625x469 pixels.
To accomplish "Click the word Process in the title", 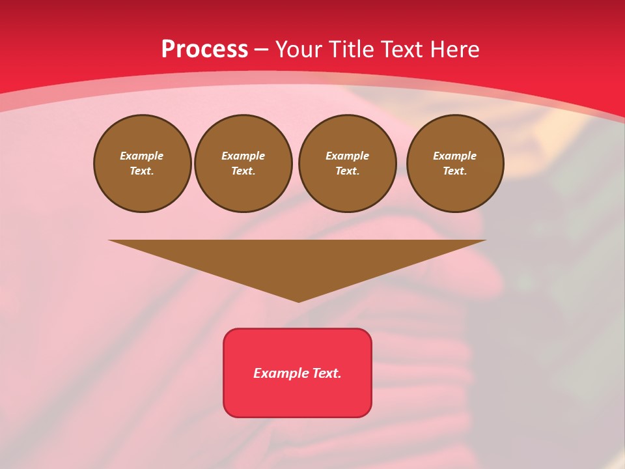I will click(x=204, y=50).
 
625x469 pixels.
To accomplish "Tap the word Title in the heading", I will click(x=354, y=50).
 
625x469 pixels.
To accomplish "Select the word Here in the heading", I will click(x=455, y=50).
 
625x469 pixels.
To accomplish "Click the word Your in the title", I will click(x=299, y=50).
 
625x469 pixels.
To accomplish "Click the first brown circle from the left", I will click(x=142, y=163).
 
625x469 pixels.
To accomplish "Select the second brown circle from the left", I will click(x=243, y=163).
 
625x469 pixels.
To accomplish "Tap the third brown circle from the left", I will click(x=348, y=163).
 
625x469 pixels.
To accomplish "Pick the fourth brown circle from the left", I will click(x=455, y=163).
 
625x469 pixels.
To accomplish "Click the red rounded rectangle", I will click(x=298, y=394).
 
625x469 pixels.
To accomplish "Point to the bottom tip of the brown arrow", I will click(x=298, y=301).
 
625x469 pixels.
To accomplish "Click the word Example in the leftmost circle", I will click(x=142, y=156).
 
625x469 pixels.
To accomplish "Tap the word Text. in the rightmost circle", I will click(x=455, y=171).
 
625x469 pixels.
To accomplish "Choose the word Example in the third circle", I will click(x=348, y=156).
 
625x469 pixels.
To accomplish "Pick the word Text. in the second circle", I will click(x=243, y=171).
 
